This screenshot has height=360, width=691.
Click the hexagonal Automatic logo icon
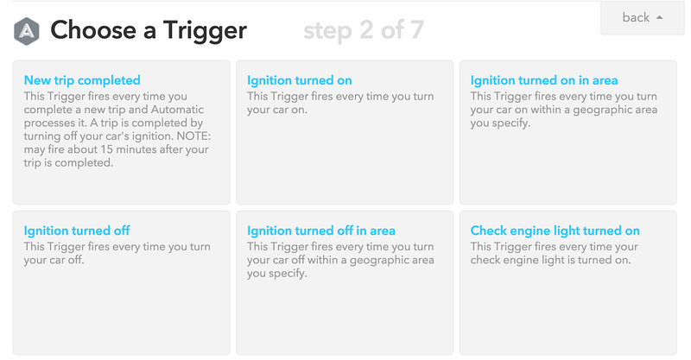[x=27, y=31]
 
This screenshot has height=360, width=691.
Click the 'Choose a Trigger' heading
[x=149, y=30]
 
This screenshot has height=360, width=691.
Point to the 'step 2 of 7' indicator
[x=364, y=30]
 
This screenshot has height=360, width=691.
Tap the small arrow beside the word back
[x=660, y=17]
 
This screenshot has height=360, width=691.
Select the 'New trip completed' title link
[x=82, y=80]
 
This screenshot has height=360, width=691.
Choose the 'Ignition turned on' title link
[x=299, y=80]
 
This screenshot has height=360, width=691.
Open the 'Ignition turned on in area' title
[x=544, y=80]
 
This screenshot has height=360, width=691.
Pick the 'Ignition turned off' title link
[x=77, y=231]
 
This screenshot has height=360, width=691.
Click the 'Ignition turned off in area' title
[x=320, y=231]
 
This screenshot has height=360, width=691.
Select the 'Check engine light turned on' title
[x=555, y=231]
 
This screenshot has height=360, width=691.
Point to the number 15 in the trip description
[x=106, y=149]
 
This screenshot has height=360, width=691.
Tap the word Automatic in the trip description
[x=177, y=110]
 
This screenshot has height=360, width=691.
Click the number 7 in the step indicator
[x=416, y=30]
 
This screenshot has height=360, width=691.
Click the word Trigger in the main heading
[x=205, y=31]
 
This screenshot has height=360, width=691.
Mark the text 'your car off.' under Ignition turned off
[x=54, y=260]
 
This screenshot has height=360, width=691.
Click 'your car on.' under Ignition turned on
[x=276, y=110]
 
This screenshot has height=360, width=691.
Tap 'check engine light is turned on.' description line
[x=550, y=260]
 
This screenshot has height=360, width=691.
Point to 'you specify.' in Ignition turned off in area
[x=276, y=274]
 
